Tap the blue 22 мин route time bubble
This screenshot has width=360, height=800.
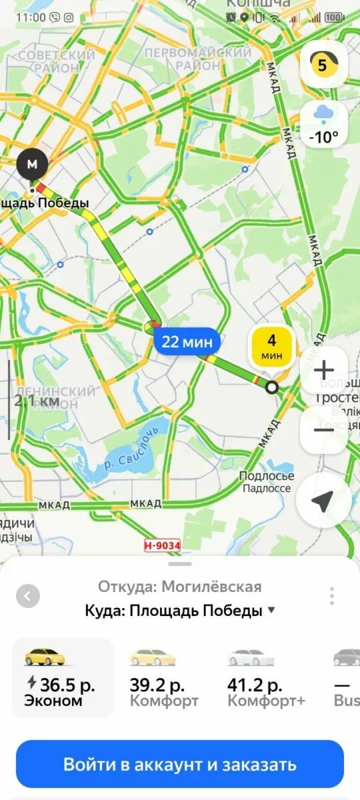coord(187,342)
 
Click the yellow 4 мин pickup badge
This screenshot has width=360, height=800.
coord(271,347)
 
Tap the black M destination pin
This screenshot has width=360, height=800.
coord(32,163)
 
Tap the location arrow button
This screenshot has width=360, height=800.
coord(323,501)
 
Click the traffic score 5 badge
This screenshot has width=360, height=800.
coord(323,65)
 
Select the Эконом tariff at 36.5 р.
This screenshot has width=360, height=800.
coord(63,677)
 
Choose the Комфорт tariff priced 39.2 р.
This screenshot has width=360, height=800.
coord(164,677)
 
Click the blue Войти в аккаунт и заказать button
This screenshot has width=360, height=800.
coord(180,764)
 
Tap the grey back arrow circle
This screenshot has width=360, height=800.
coord(27,595)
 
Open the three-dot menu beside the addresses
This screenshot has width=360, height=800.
coord(331,595)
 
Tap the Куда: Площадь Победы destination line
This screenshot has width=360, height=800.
coord(180,610)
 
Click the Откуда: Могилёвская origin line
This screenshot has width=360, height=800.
coord(180,587)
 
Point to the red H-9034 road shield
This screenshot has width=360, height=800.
coord(162,545)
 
